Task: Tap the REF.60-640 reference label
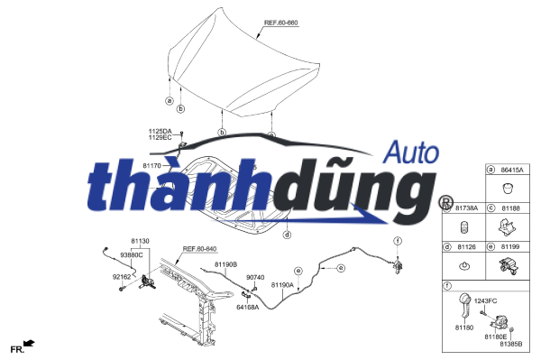(x=200, y=248)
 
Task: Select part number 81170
(x=151, y=166)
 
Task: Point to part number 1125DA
(x=161, y=131)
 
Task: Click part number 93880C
(x=131, y=254)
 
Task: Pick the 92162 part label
(x=122, y=277)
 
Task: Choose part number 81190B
(x=225, y=264)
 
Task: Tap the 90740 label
(x=255, y=277)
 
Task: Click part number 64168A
(x=247, y=307)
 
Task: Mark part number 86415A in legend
(x=513, y=170)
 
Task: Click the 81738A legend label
(x=466, y=208)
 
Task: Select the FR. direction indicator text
(x=16, y=348)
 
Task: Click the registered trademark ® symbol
(x=445, y=202)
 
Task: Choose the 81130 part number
(x=140, y=241)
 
